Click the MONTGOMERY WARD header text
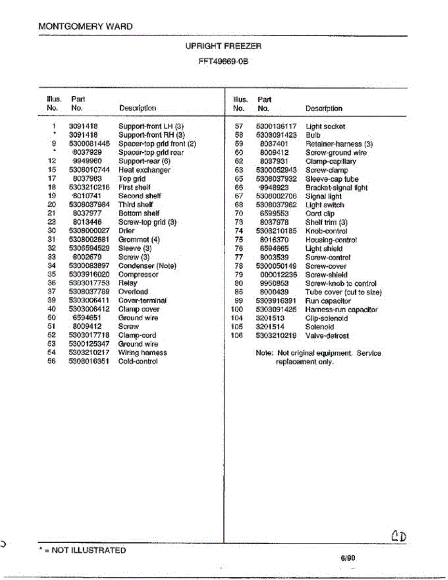[x=85, y=27]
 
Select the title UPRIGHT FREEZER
[x=223, y=46]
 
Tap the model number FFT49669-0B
[x=223, y=62]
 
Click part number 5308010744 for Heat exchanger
[x=86, y=170]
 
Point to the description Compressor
[x=138, y=275]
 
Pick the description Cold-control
[x=138, y=362]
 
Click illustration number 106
[x=237, y=335]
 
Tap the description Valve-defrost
[x=327, y=335]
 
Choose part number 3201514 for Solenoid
[x=270, y=327]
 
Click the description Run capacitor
[x=328, y=301]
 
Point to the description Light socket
[x=325, y=127]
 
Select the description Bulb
[x=313, y=135]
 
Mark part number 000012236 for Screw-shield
[x=278, y=275]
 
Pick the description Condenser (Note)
[x=147, y=266]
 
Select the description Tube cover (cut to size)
[x=344, y=292]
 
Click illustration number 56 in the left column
[x=53, y=362]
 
